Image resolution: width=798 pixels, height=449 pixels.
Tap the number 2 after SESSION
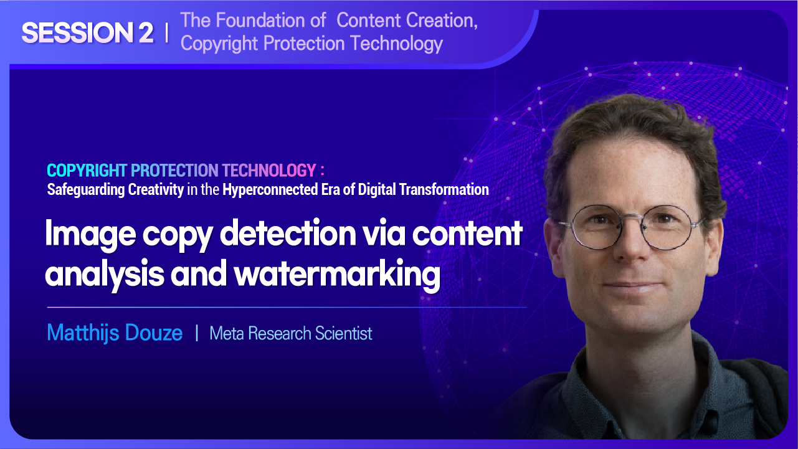[146, 33]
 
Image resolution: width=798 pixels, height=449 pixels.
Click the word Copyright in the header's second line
[219, 44]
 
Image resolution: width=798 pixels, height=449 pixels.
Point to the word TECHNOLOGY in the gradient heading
[269, 170]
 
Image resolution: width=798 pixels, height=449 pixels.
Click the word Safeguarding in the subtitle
[86, 190]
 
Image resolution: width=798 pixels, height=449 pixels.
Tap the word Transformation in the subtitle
[444, 189]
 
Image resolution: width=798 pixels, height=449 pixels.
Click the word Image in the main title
[90, 234]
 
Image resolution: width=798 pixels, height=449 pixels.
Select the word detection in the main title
[288, 233]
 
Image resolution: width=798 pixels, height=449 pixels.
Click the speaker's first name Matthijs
[83, 333]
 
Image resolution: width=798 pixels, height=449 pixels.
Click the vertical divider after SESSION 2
[167, 33]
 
